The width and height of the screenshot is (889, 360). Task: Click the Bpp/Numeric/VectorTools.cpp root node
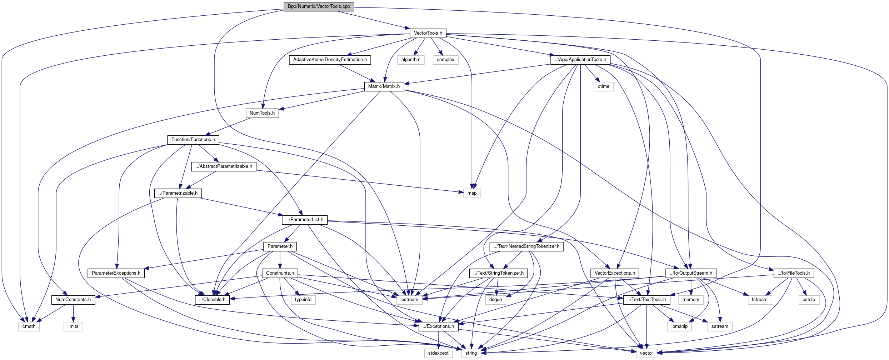(319, 6)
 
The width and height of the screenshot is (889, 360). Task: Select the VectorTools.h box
(428, 33)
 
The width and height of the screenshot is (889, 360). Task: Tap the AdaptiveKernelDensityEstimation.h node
(330, 60)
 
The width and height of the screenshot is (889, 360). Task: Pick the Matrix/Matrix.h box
(384, 86)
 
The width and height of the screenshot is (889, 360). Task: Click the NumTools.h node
(262, 113)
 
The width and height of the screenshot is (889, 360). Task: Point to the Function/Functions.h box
(193, 140)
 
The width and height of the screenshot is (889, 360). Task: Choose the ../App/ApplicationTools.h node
(580, 60)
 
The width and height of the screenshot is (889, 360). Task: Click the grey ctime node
(604, 86)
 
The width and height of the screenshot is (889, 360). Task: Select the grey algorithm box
(411, 60)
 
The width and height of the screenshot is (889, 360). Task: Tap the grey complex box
(445, 60)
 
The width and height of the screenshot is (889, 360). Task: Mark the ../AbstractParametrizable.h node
(224, 166)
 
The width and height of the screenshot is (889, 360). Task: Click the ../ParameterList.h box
(305, 220)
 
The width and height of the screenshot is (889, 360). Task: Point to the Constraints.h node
(280, 273)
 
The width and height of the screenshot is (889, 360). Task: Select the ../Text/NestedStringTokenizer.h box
(526, 246)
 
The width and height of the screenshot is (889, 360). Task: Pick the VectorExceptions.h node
(615, 273)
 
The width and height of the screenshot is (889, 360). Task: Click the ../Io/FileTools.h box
(794, 273)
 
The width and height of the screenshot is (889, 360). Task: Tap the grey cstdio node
(809, 300)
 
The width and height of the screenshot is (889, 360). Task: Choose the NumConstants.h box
(73, 300)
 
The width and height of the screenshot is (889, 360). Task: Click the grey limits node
(73, 326)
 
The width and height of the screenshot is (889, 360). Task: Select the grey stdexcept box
(438, 353)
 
